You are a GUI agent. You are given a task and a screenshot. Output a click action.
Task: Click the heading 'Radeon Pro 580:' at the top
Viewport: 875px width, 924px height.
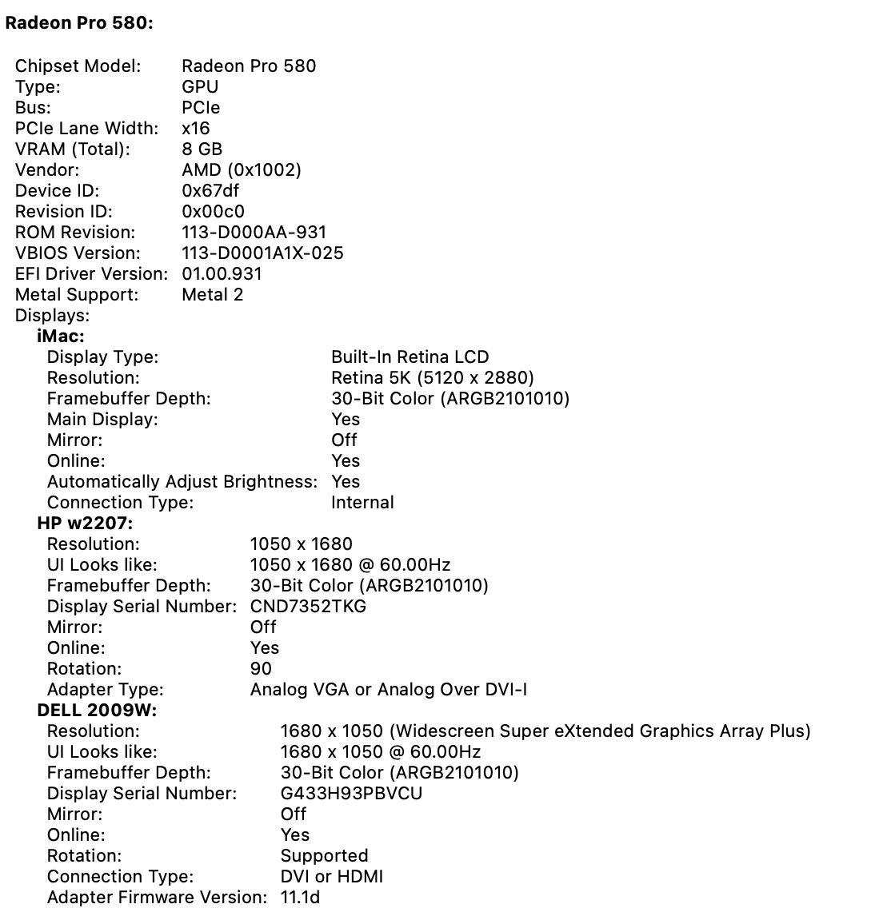click(79, 23)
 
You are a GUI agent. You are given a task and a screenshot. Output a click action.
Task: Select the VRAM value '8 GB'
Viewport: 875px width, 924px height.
click(202, 149)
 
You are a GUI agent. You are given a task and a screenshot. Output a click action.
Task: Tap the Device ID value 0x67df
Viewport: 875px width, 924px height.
click(210, 191)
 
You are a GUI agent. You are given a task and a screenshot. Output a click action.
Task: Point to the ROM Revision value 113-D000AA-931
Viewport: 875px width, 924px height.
click(254, 233)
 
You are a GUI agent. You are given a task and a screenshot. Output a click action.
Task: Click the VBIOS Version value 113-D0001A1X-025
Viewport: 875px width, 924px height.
click(262, 253)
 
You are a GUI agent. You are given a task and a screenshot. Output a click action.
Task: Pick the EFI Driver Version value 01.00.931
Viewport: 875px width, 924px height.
click(222, 274)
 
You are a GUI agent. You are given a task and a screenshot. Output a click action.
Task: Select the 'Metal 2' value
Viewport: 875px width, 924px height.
click(212, 295)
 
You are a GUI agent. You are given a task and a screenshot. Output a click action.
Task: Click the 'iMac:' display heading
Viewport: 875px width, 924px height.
click(61, 337)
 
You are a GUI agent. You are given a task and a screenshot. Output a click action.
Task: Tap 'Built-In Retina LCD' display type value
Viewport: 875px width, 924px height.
click(410, 357)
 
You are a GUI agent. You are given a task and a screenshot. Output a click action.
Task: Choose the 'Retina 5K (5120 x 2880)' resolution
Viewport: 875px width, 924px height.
click(432, 378)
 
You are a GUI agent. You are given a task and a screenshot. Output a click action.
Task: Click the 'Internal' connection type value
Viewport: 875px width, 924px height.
click(362, 503)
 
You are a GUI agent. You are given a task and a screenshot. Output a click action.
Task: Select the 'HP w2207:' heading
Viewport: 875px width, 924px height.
click(85, 524)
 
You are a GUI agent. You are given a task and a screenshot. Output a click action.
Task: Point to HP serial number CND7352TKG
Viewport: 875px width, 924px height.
click(308, 607)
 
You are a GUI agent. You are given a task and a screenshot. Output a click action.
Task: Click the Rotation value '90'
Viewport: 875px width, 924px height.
click(261, 669)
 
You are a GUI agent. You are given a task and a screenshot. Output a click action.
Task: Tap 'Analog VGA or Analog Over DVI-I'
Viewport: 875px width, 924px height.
click(388, 690)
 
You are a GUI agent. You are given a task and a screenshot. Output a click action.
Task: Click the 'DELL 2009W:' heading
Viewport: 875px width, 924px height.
click(97, 711)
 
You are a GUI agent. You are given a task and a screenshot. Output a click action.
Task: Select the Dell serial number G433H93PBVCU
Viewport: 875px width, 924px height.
click(351, 794)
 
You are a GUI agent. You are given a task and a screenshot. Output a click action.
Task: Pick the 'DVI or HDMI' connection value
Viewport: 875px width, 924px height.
click(331, 877)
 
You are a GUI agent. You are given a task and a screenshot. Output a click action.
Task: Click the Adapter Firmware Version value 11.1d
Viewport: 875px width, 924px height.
click(300, 898)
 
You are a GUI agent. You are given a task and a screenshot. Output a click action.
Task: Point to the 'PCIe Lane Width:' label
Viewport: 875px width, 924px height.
click(86, 129)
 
